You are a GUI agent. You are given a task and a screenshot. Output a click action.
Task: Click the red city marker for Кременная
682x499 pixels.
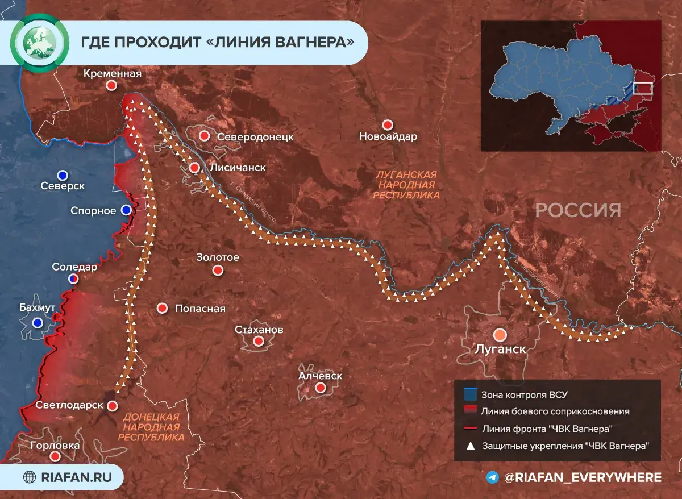[x=112, y=85]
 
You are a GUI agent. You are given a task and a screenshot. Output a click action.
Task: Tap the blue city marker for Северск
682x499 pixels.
[x=63, y=174]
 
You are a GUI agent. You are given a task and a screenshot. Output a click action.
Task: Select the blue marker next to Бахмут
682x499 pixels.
[x=38, y=323]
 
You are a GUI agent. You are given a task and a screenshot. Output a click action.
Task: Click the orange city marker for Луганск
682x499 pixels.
[x=500, y=335]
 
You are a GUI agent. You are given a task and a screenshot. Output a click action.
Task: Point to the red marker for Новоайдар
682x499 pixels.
[x=388, y=124]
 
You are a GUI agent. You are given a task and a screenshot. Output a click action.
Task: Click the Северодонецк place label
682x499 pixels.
[x=255, y=137]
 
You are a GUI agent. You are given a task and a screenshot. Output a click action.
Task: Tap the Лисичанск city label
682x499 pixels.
[x=238, y=168]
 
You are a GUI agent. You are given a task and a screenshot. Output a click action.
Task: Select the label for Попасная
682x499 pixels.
[x=199, y=309]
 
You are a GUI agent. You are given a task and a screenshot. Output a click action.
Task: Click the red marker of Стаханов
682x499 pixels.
[x=259, y=341]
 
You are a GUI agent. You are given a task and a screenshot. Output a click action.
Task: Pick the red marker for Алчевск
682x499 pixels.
[x=321, y=388]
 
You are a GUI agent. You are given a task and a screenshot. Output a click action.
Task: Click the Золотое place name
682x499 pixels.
[x=218, y=257]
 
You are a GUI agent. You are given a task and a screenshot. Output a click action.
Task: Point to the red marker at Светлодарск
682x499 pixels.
[x=113, y=406]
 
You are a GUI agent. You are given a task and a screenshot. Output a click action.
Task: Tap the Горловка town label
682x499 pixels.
[x=55, y=446]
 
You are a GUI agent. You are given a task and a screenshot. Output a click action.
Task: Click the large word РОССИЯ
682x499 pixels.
[x=578, y=211]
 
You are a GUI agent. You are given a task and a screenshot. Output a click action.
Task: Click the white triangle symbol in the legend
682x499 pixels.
[x=469, y=446]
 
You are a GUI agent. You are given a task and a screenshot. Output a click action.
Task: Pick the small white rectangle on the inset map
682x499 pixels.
[x=643, y=89]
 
